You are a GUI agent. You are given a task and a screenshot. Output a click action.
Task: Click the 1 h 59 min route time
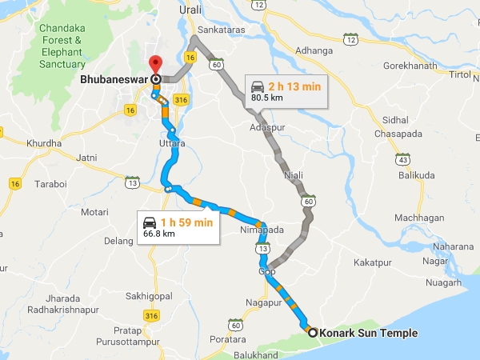[x=186, y=222]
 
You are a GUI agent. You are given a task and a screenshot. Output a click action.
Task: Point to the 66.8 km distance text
[x=158, y=234]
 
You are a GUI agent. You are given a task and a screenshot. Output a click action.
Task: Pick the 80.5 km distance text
[x=266, y=98]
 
